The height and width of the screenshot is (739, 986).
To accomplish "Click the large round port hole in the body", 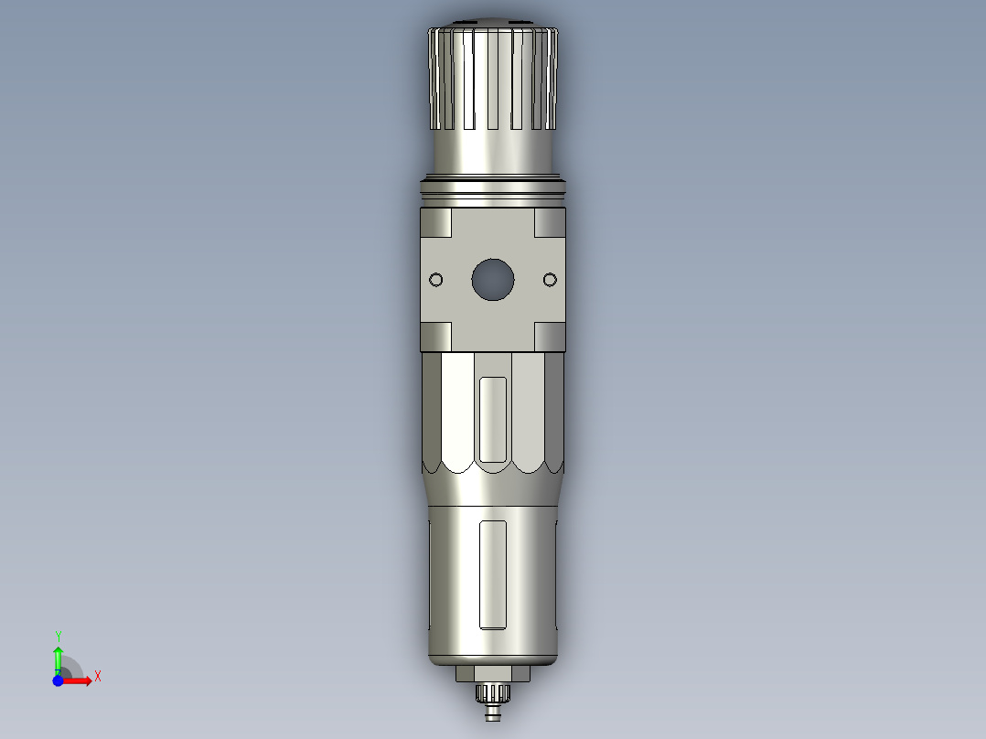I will coord(493,280).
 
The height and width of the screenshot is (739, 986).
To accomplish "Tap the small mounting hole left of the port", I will coord(435,280).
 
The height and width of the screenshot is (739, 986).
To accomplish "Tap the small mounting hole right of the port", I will coord(550,280).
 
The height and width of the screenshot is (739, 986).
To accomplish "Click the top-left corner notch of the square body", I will coord(436,221).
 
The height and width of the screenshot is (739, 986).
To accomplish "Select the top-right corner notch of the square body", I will coord(550,221).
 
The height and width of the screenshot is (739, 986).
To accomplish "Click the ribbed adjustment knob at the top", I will coord(493,78).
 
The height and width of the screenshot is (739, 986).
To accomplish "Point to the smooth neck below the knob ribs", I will coord(493,151).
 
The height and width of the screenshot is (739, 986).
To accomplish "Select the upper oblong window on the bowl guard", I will coord(493,420).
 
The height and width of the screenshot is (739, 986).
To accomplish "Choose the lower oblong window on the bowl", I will coord(493,574).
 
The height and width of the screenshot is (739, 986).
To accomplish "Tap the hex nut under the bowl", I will coord(493,674).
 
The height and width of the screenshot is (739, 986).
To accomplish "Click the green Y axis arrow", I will coord(58,657).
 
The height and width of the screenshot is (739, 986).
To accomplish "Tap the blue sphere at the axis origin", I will coord(58,680).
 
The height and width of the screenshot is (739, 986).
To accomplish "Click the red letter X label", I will coord(98,677).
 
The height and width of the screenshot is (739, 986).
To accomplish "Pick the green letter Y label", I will coord(58,636).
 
